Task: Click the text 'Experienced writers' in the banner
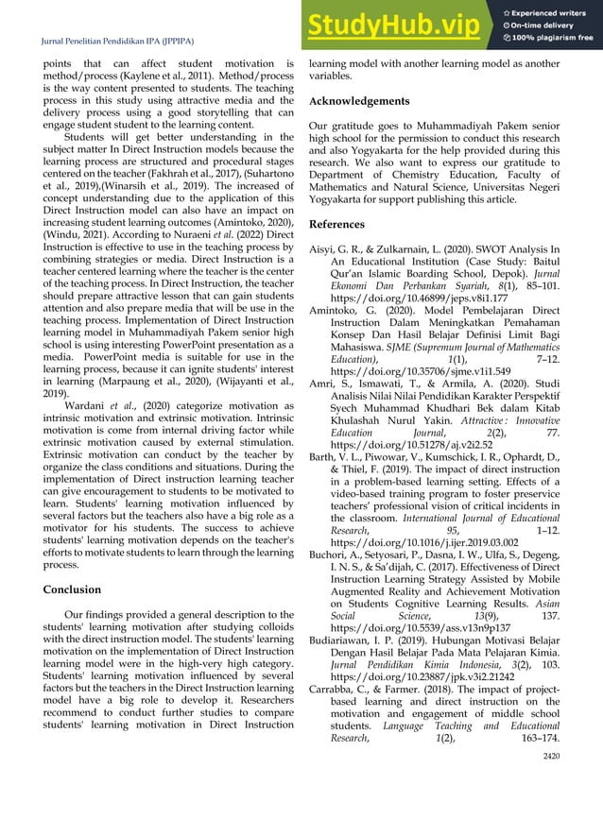tap(553, 10)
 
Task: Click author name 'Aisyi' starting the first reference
tap(323, 247)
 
